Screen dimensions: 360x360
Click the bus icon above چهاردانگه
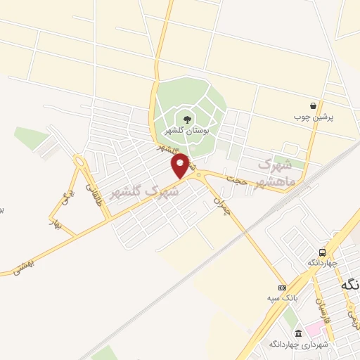322,252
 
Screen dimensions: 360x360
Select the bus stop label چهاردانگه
322,263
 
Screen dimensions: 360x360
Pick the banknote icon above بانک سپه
283,288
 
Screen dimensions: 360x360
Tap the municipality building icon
298,333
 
